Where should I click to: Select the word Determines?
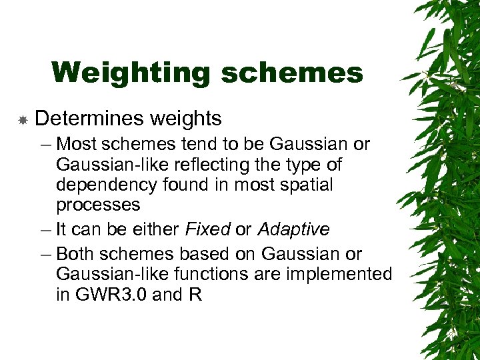(89, 119)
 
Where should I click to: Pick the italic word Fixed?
(207, 230)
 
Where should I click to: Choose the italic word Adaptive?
(293, 230)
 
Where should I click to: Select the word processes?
(98, 205)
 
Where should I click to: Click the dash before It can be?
(45, 230)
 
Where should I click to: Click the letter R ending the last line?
(195, 294)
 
